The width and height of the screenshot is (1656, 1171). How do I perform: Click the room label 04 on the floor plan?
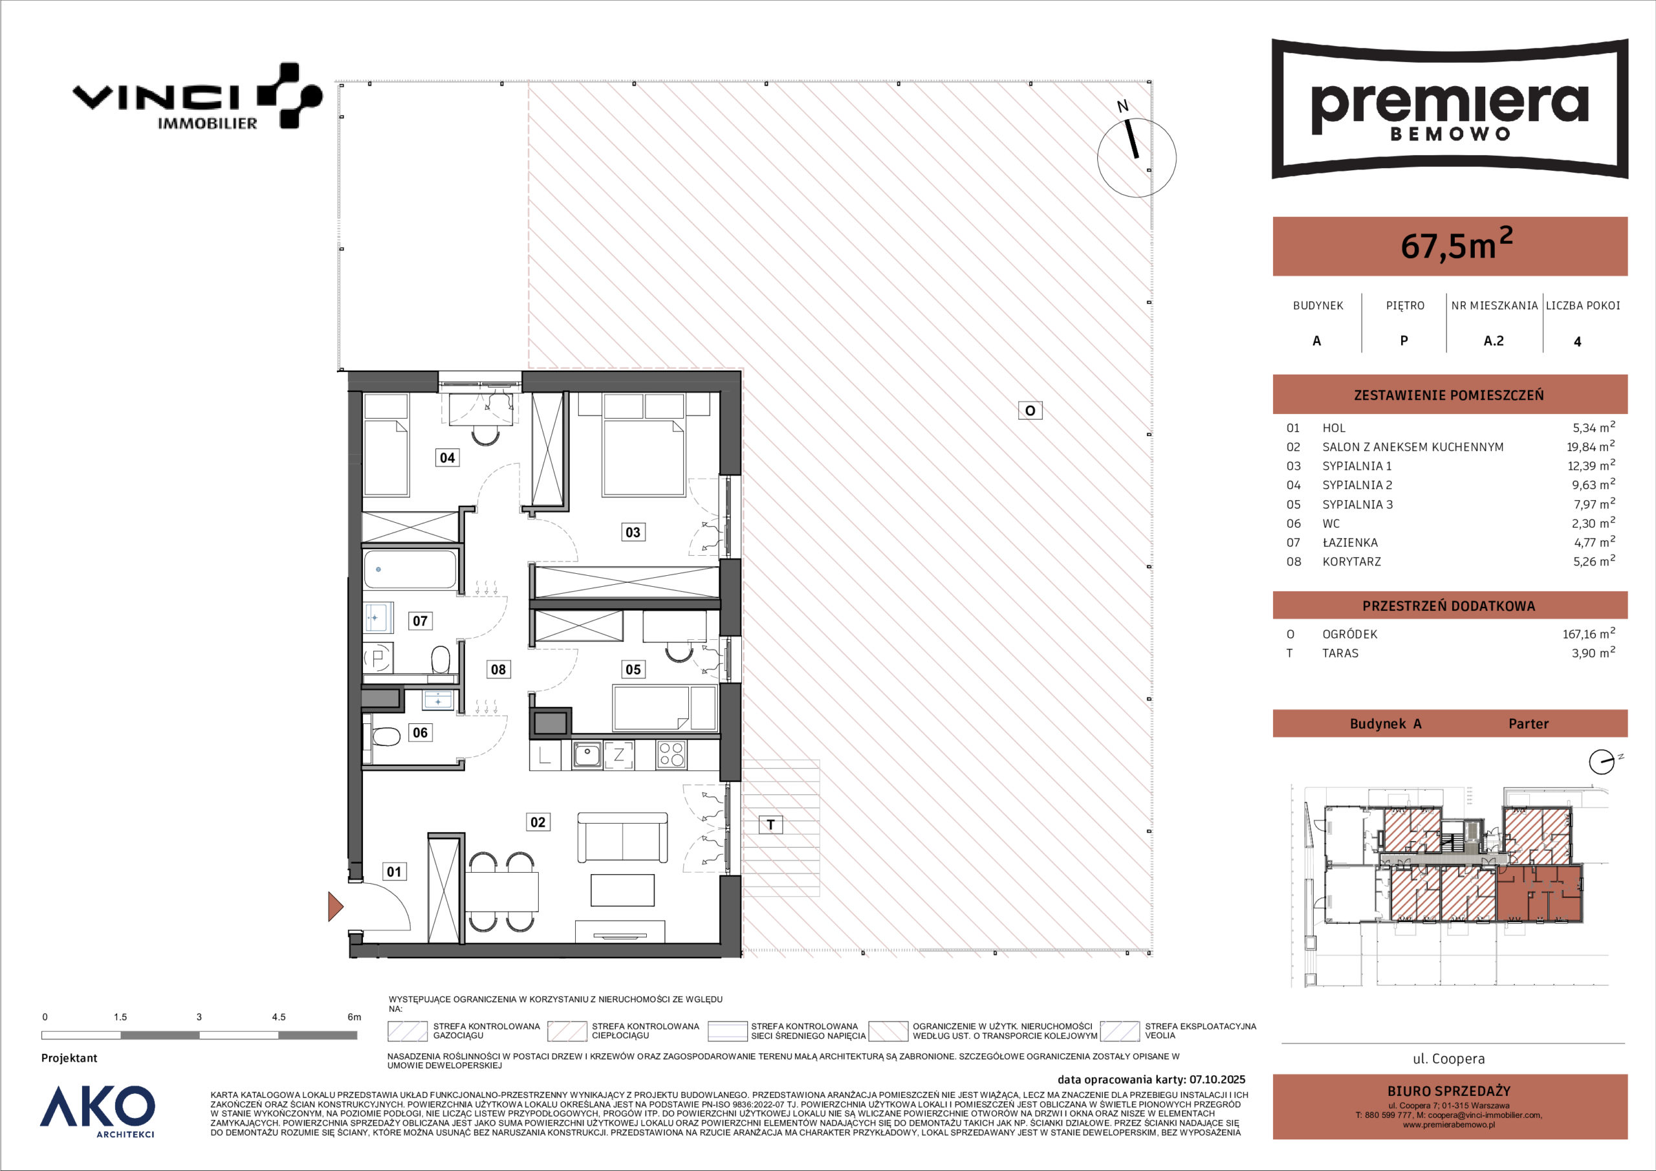pos(447,457)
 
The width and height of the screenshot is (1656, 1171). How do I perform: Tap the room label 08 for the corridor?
pos(498,670)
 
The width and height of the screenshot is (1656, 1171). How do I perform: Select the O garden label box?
pos(1030,411)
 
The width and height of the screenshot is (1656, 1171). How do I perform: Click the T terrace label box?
pos(771,825)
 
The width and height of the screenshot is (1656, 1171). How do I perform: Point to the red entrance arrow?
pos(335,907)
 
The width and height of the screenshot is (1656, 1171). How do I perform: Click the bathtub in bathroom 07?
pos(409,569)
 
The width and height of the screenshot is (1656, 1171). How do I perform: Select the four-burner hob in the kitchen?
pos(671,755)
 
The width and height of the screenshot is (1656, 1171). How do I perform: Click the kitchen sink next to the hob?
pos(587,755)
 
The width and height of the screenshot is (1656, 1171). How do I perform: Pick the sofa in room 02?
pos(622,837)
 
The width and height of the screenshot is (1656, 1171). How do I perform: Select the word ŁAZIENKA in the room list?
pos(1351,543)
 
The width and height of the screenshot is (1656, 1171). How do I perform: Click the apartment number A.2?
pos(1494,340)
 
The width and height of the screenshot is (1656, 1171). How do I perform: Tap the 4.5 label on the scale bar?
pos(278,1017)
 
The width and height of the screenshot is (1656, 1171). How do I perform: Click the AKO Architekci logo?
pos(98,1111)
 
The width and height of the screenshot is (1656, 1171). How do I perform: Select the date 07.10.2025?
pos(1217,1080)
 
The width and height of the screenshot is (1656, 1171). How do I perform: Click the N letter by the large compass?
pos(1122,107)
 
